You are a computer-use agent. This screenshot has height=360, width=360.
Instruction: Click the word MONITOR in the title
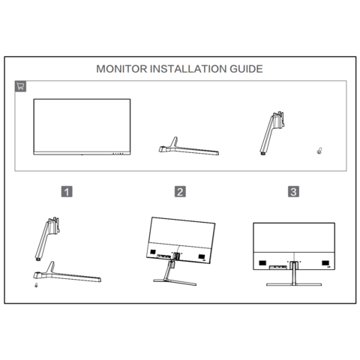tap(121, 69)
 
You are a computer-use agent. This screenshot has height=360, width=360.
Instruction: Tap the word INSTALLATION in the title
tap(188, 69)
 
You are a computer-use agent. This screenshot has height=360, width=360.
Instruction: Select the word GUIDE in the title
tap(246, 69)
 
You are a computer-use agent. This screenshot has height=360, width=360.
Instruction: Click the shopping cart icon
tap(20, 86)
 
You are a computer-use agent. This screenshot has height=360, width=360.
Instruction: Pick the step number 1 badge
tap(67, 192)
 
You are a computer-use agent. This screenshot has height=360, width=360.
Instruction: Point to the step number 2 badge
tap(180, 192)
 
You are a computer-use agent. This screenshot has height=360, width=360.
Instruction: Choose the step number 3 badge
tap(293, 192)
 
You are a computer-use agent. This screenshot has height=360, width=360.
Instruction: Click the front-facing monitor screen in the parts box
tap(82, 127)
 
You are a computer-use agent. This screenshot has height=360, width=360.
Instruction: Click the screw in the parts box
tap(319, 151)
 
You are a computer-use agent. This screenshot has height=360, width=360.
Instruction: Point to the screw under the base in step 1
tap(36, 285)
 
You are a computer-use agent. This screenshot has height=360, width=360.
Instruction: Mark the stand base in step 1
tap(67, 275)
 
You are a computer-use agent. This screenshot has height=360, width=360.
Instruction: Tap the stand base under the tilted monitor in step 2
tap(175, 282)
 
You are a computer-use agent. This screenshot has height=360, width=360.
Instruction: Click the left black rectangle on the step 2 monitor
tap(153, 252)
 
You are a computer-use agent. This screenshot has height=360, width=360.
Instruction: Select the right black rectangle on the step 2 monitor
tap(202, 256)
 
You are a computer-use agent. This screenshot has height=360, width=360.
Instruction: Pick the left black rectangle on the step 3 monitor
tap(262, 263)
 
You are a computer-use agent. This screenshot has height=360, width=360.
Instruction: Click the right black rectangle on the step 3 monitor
tap(325, 263)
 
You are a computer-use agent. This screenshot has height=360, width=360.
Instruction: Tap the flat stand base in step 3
tap(294, 284)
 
